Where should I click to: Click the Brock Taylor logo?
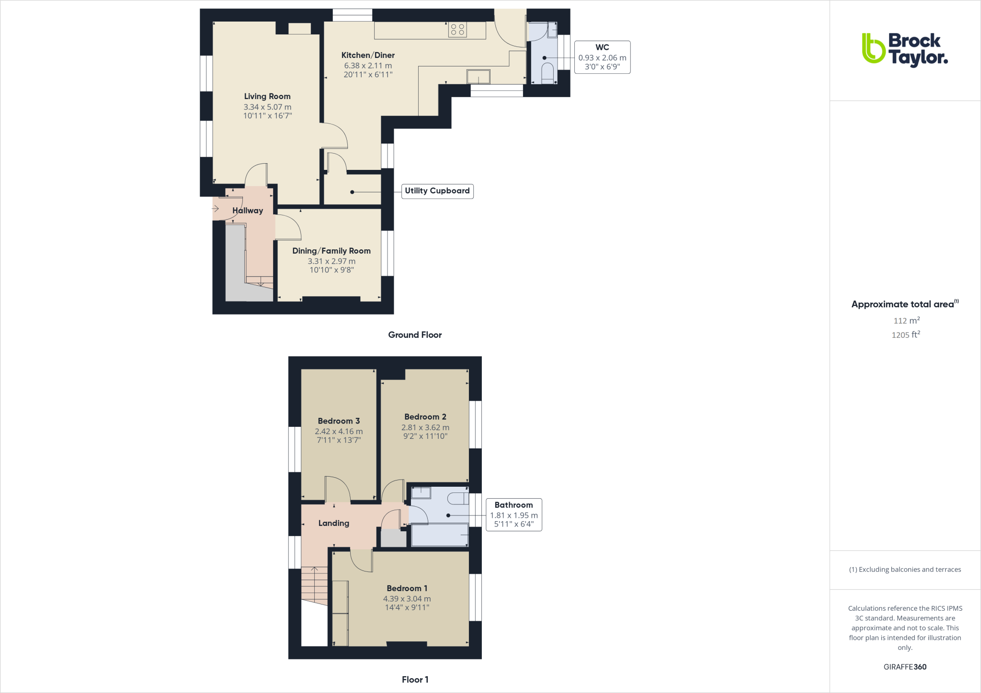[x=904, y=49]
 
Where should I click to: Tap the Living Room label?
[x=267, y=97]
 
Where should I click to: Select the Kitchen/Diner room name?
[x=368, y=56]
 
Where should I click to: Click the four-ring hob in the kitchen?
[x=457, y=30]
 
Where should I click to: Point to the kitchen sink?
[x=479, y=77]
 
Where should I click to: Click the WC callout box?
[x=602, y=57]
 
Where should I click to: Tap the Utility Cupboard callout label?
[x=437, y=191]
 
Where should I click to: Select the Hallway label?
[x=248, y=211]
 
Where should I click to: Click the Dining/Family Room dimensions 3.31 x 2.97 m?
[x=331, y=261]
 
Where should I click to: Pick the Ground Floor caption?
[x=415, y=335]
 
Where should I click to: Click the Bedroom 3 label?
[x=339, y=421]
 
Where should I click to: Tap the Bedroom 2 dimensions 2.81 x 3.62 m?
[x=425, y=427]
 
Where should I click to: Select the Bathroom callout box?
[x=513, y=514]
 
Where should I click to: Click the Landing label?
[x=334, y=524]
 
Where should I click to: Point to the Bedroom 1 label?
[x=407, y=589]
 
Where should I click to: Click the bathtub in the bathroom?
[x=440, y=535]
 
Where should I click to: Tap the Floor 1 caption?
[x=415, y=680]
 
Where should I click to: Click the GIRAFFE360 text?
[x=905, y=667]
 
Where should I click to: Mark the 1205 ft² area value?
[x=906, y=335]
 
